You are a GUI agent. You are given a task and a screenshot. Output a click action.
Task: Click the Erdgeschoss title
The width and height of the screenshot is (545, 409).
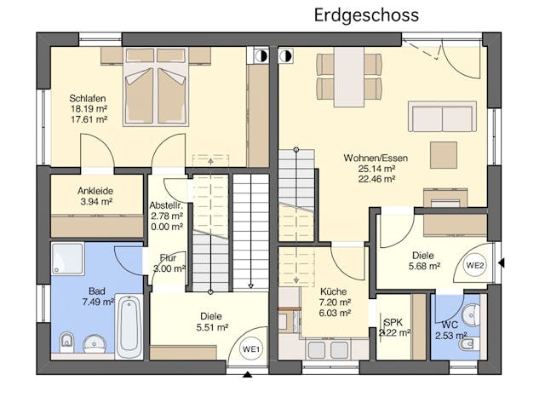[x=366, y=15]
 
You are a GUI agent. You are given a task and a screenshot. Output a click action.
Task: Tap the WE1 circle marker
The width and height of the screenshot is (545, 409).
[x=252, y=349]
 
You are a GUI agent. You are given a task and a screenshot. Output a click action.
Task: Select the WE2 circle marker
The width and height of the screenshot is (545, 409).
[x=475, y=266]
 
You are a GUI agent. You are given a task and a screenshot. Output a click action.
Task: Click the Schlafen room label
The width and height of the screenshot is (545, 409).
[x=88, y=99]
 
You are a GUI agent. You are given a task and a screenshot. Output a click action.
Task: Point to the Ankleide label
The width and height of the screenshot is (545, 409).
[x=95, y=191]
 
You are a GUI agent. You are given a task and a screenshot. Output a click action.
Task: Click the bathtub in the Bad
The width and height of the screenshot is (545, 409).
[x=129, y=326]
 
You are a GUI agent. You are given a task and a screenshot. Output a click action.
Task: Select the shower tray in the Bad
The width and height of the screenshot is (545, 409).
[x=68, y=258]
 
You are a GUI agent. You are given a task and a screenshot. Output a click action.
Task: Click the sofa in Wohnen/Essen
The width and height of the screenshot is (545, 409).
[x=442, y=117]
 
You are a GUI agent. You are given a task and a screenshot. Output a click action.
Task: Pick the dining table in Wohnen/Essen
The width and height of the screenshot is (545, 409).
[x=349, y=77]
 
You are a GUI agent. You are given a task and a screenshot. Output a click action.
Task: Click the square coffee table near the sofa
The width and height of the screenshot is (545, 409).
[x=444, y=155]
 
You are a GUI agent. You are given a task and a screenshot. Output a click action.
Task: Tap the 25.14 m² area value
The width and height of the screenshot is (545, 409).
[x=376, y=169]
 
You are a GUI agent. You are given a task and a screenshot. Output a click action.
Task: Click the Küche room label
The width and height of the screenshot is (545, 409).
[x=333, y=291]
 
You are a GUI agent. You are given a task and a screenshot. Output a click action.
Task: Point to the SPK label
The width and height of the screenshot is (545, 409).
[x=393, y=322]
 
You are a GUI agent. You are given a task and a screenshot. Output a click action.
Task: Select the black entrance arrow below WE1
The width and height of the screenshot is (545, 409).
[x=247, y=375]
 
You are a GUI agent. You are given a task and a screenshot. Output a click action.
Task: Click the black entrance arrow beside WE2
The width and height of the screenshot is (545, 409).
[x=501, y=263]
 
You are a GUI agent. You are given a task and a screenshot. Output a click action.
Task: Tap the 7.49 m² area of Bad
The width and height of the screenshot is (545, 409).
[x=99, y=302]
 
